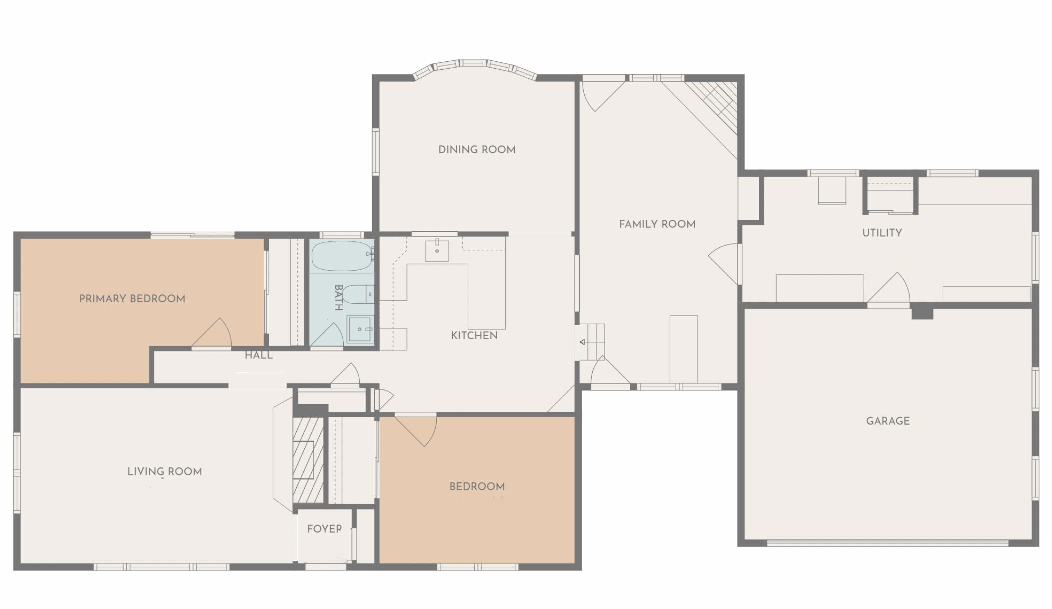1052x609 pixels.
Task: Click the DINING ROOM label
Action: click(x=477, y=150)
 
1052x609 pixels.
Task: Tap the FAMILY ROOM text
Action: click(x=657, y=224)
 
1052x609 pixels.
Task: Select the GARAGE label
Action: click(x=888, y=421)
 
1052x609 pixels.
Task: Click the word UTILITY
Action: click(x=882, y=233)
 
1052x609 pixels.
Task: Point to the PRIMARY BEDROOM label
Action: click(x=132, y=299)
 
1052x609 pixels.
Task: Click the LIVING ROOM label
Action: click(x=164, y=472)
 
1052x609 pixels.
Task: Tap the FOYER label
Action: click(x=324, y=529)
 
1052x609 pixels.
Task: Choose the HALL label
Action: click(x=259, y=355)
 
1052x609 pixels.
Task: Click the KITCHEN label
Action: click(x=474, y=336)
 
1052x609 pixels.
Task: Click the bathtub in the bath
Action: click(x=341, y=256)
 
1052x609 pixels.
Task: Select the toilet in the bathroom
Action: click(x=357, y=294)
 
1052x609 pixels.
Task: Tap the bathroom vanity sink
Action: click(x=360, y=329)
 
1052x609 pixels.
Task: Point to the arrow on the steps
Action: click(x=591, y=342)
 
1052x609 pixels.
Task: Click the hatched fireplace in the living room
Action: click(x=307, y=459)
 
